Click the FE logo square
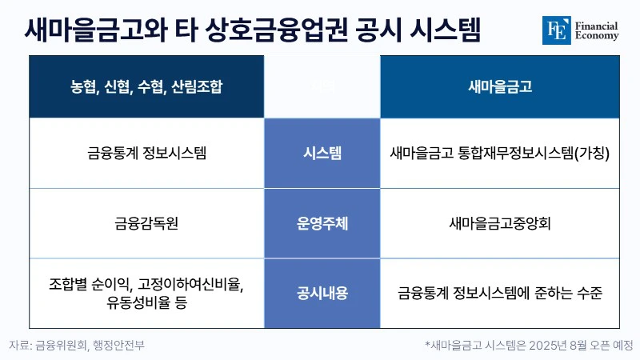pos(556,30)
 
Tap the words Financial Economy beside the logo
pos(597,30)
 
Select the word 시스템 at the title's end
pos(446,30)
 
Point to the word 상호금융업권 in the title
pos(277,30)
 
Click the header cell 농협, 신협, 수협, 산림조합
pos(146,86)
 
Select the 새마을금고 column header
pos(500,86)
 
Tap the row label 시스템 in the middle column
pos(322,154)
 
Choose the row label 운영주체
pos(322,223)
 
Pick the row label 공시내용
pos(322,293)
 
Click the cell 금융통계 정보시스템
pos(146,154)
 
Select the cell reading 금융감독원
pos(146,223)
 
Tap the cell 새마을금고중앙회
pos(500,223)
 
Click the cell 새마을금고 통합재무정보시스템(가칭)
pos(500,154)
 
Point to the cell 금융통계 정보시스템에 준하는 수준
pos(500,293)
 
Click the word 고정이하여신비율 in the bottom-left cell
pos(190,285)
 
